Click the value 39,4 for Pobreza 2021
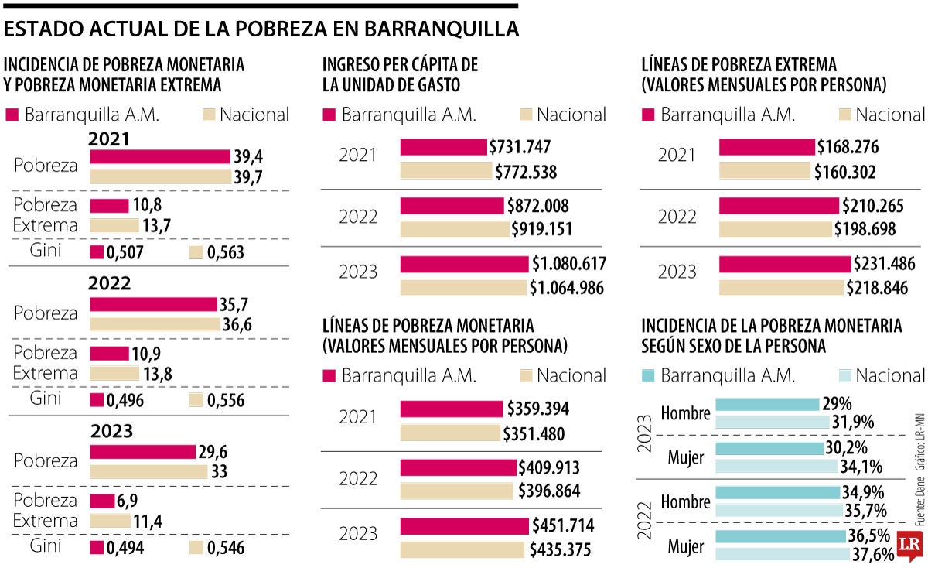tap(248, 157)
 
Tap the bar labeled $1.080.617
tap(465, 264)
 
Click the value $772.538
tap(526, 172)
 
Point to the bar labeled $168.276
tap(766, 147)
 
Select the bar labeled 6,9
tap(101, 501)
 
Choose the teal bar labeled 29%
tap(766, 404)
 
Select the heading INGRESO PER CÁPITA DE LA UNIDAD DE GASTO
tap(400, 74)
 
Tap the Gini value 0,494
tap(126, 548)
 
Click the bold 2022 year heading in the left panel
tap(109, 283)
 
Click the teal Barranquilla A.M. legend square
tap(649, 375)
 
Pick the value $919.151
tap(543, 229)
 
